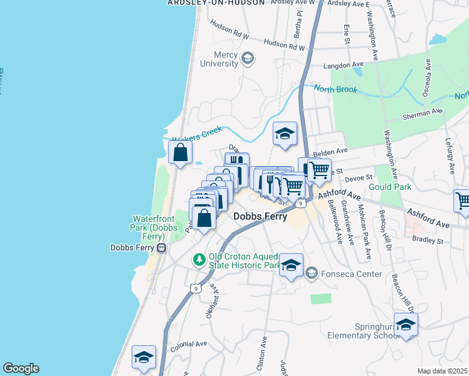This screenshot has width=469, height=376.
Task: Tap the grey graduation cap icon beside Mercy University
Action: click(248, 59)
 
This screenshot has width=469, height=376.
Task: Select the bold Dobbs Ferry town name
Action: click(260, 217)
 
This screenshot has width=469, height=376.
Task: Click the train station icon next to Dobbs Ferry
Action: click(161, 248)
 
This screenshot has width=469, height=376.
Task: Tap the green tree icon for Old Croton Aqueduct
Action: click(199, 259)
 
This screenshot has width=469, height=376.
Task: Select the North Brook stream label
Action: click(335, 90)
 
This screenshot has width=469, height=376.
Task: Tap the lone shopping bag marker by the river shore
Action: click(180, 152)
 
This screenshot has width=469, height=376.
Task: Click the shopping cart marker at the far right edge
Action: click(462, 201)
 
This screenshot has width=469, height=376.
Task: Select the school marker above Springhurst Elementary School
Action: click(406, 325)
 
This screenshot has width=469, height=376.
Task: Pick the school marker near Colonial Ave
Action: click(144, 357)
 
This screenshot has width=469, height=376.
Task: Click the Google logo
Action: click(21, 368)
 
